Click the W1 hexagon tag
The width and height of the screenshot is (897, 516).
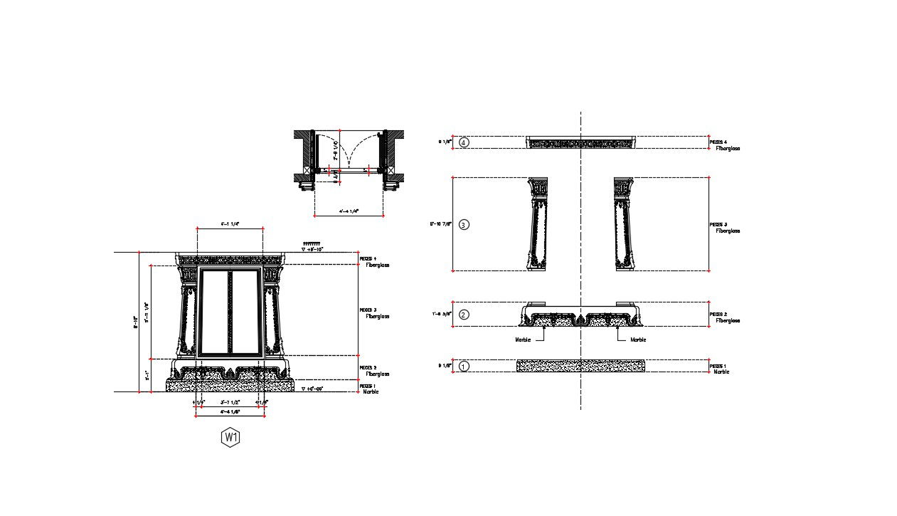point(230,437)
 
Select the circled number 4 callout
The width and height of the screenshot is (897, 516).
point(464,142)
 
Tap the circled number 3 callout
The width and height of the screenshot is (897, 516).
point(464,225)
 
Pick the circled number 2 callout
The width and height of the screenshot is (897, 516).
point(464,315)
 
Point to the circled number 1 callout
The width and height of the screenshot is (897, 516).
point(464,367)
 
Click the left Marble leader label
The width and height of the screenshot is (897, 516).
point(523,339)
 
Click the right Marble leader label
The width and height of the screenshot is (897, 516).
point(638,339)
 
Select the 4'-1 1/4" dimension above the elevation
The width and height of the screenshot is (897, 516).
point(230,223)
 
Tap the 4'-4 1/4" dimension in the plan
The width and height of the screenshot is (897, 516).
point(349,211)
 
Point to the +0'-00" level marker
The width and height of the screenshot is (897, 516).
point(313,389)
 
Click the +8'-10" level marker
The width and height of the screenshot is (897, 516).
point(312,249)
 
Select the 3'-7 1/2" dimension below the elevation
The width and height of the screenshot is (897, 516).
point(229,402)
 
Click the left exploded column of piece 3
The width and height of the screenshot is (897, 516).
point(538,223)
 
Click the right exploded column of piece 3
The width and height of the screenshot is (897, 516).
point(623,223)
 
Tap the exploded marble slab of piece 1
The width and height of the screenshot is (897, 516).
point(580,366)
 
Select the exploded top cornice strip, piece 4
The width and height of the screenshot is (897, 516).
point(580,143)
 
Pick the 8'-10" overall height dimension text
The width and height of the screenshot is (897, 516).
point(135,322)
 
